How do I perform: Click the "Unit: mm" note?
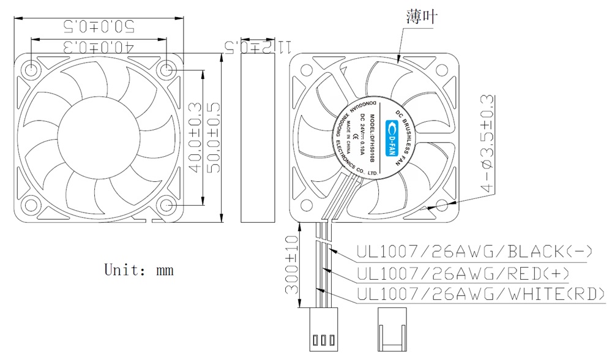click(139, 269)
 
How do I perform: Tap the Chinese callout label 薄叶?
click(422, 17)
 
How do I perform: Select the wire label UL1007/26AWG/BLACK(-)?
click(474, 252)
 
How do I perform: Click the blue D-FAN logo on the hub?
click(389, 138)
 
